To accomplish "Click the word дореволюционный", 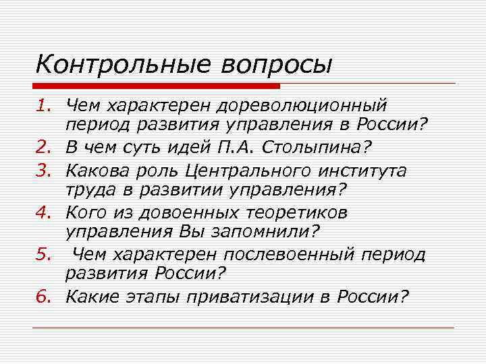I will coord(300,106).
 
